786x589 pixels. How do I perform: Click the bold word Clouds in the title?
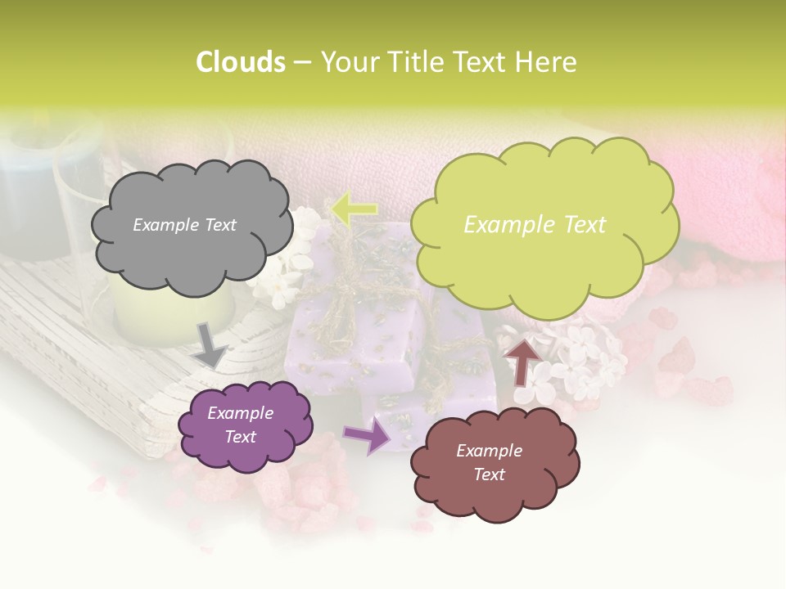pyautogui.click(x=241, y=62)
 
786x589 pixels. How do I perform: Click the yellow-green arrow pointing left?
pyautogui.click(x=354, y=209)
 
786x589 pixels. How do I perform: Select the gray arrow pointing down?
pyautogui.click(x=211, y=344)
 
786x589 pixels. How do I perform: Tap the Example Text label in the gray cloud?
pyautogui.click(x=184, y=225)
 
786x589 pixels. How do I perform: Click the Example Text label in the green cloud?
pyautogui.click(x=535, y=225)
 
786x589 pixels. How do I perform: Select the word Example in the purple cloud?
pyautogui.click(x=240, y=413)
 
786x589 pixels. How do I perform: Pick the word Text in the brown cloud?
pyautogui.click(x=489, y=475)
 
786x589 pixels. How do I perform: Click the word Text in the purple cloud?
pyautogui.click(x=240, y=438)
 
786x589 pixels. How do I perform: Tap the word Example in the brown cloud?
pyautogui.click(x=489, y=451)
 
